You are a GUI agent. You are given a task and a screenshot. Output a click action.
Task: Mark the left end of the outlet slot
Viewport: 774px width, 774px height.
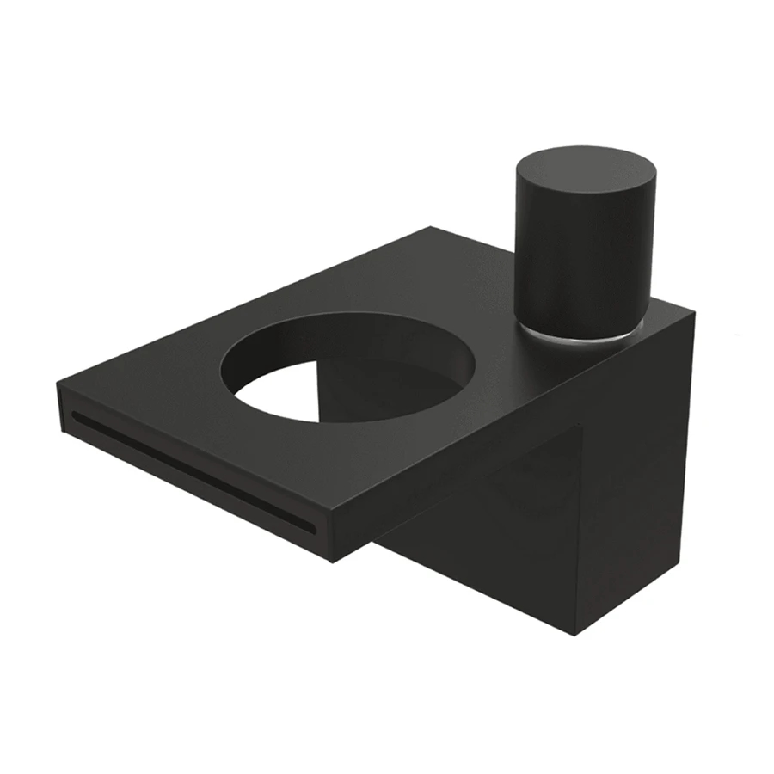(76, 416)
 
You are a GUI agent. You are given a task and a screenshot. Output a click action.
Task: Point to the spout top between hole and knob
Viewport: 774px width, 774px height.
(490, 318)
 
